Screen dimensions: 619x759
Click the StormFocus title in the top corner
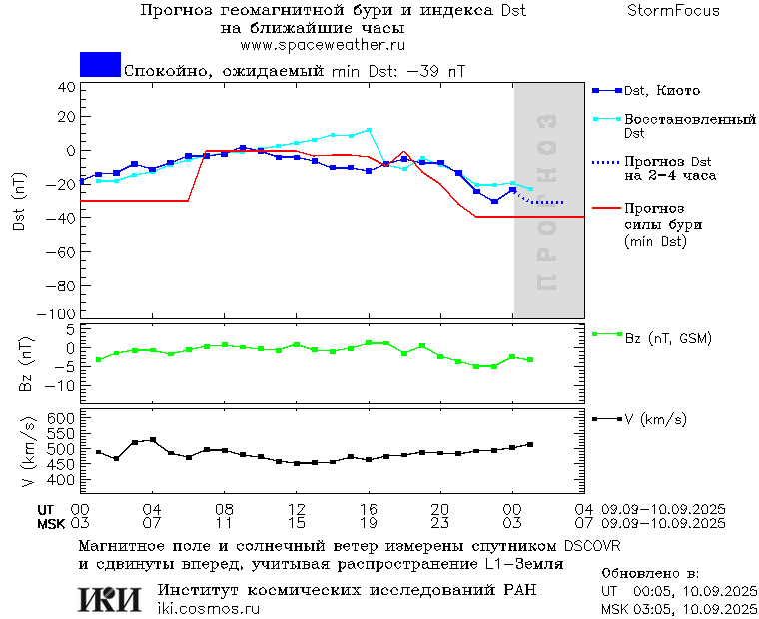pos(673,11)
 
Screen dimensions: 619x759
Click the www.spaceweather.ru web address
pos(323,45)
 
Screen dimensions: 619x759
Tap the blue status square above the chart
pos(100,64)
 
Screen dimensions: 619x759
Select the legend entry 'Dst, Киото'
pos(662,91)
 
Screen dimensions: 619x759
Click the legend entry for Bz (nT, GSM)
pos(667,338)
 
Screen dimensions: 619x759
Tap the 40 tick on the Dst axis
pos(67,87)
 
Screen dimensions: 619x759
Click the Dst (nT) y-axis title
pos(19,201)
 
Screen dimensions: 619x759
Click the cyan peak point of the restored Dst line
pos(369,130)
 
